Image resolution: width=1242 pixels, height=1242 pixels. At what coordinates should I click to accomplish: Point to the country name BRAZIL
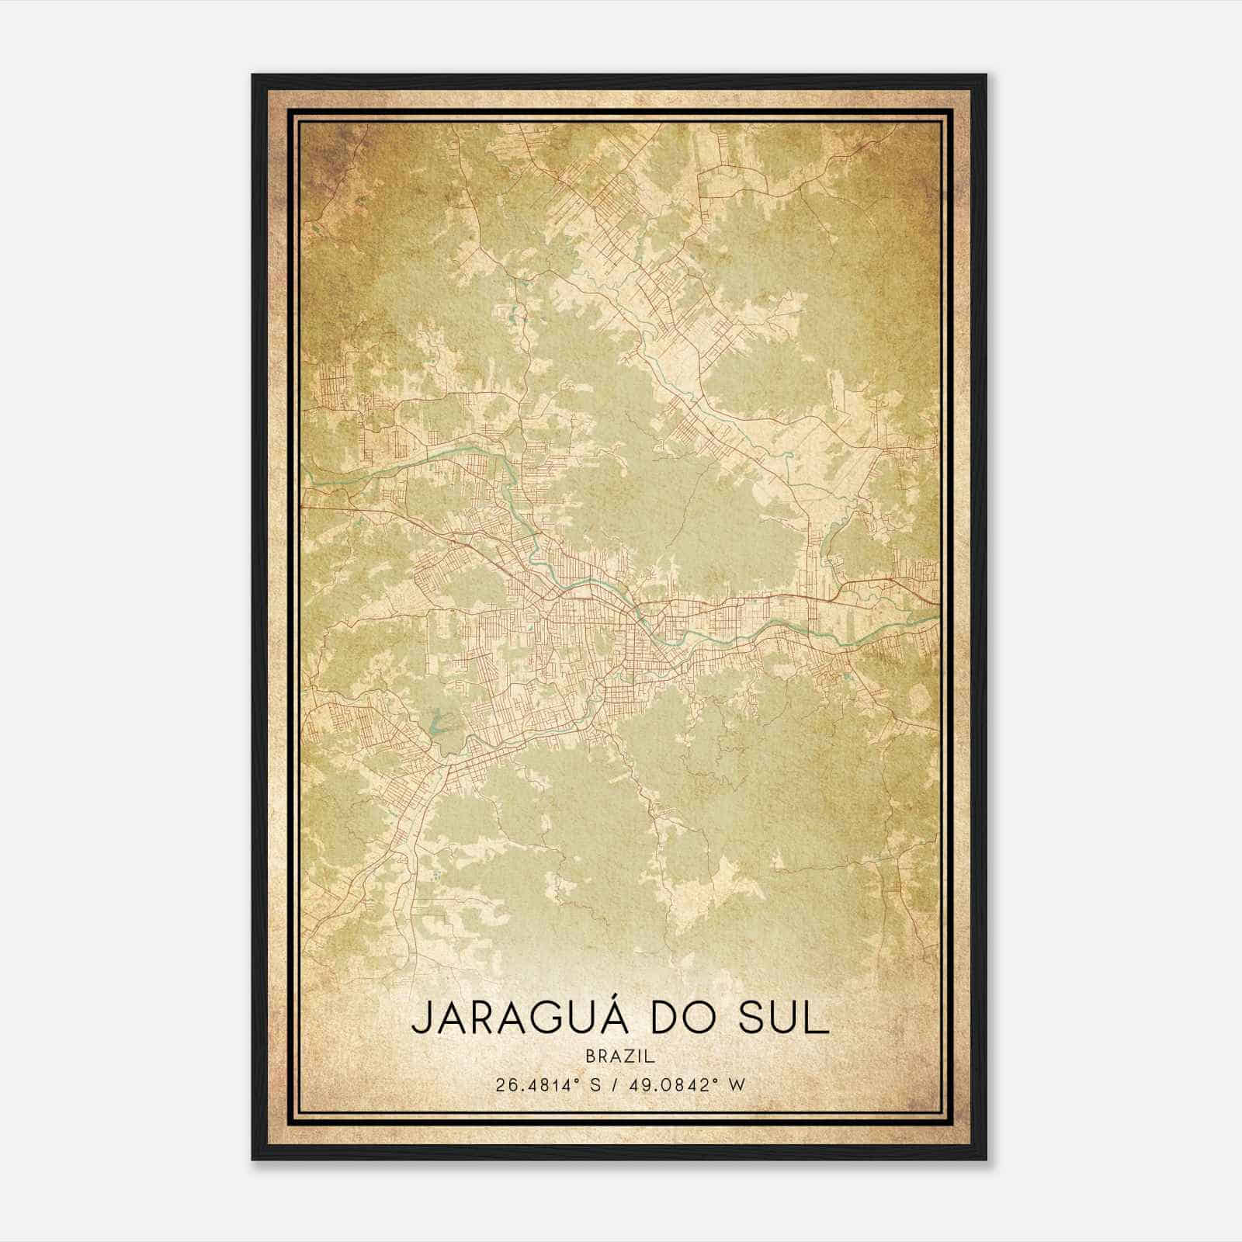point(621,1056)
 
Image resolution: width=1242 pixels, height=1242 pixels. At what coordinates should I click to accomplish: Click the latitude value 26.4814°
point(536,1084)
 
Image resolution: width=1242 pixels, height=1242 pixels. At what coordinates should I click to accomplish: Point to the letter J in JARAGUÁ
point(420,1019)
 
